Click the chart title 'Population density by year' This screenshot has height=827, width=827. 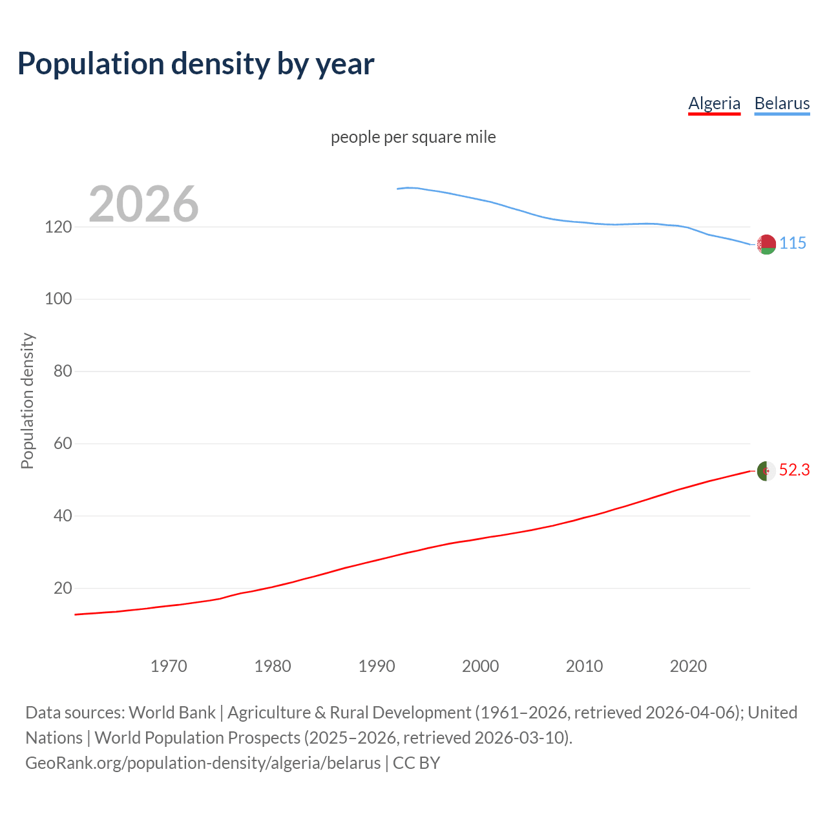196,64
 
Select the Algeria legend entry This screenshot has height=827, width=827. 714,103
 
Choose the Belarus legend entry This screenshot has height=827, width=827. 782,103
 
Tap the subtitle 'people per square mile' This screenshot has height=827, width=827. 413,138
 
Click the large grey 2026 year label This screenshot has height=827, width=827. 143,204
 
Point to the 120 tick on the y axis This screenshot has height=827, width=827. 58,227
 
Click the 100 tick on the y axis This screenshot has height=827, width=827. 58,299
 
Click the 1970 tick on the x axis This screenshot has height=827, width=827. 169,666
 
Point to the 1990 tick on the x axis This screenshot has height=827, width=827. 377,666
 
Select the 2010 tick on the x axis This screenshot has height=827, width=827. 584,666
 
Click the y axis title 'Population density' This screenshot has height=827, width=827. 27,401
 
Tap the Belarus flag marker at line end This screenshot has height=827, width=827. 766,244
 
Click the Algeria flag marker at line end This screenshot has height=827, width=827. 766,471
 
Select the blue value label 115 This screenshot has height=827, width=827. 793,244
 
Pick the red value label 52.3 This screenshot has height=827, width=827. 794,470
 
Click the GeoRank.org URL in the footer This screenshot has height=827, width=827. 203,763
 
